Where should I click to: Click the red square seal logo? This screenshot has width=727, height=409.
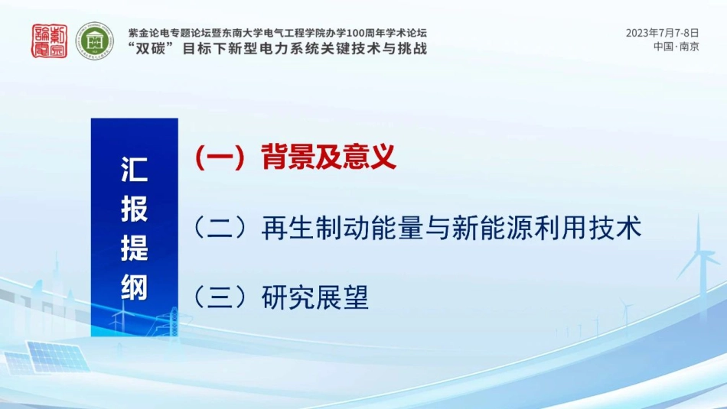49,40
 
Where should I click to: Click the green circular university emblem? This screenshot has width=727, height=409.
94,40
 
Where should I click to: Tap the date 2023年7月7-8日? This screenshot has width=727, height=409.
662,33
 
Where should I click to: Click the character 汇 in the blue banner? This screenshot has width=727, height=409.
134,171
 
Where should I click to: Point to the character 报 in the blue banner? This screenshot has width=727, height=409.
134,209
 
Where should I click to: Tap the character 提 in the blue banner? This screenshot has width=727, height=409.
134,248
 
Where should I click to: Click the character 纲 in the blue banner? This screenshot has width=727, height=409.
134,288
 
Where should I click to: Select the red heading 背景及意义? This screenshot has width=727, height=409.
328,157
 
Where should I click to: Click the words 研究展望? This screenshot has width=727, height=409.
315,297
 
